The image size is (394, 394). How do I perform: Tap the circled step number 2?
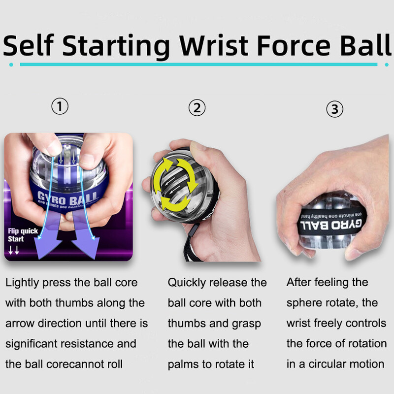tap(197, 107)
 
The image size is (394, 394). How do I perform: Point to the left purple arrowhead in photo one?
tap(48, 249)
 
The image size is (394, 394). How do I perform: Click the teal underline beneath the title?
tap(197, 65)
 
